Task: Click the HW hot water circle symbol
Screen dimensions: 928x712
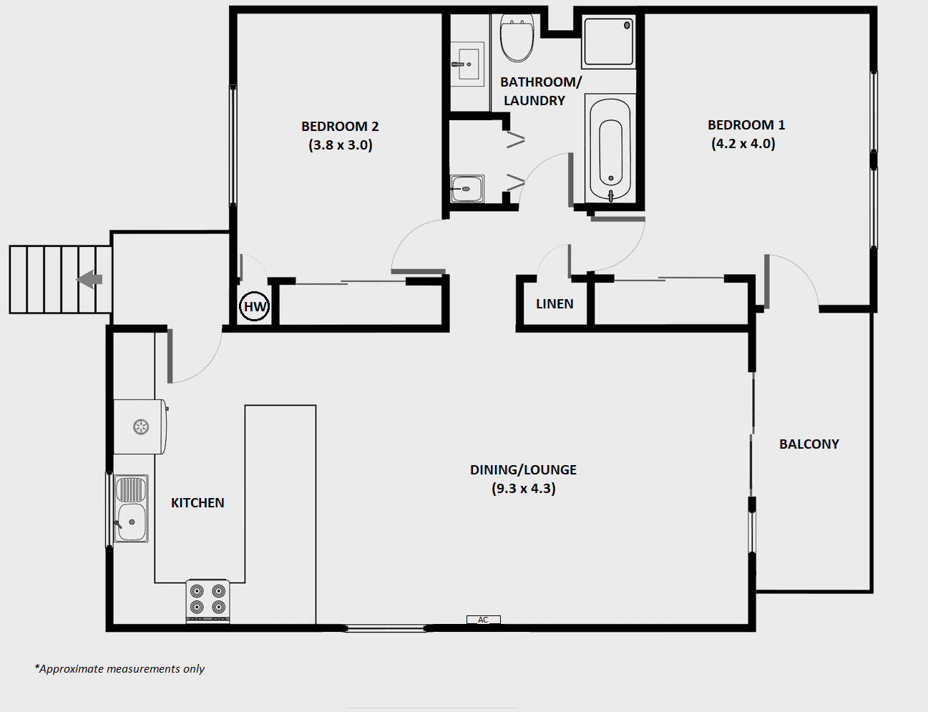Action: point(255,306)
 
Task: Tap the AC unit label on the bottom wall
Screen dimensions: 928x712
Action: point(484,620)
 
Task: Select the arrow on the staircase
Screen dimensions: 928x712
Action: point(89,279)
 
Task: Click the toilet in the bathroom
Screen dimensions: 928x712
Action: point(517,37)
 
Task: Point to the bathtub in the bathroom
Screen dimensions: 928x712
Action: point(610,150)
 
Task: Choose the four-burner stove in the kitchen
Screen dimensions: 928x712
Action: point(207,600)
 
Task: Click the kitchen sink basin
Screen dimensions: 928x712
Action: point(132,508)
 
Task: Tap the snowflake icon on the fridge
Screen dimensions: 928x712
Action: point(141,426)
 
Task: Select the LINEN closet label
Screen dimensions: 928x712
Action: point(555,303)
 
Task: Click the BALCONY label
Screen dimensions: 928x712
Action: point(809,444)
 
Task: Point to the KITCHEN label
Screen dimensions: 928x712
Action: point(197,503)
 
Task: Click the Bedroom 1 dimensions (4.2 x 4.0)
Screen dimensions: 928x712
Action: point(743,144)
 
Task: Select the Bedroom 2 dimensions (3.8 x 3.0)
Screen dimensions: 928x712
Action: point(341,145)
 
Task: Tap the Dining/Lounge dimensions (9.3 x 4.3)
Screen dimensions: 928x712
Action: point(524,488)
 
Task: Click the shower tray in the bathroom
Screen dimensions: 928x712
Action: point(608,42)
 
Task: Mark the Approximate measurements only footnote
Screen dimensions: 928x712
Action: point(119,668)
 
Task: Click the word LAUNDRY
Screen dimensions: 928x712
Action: point(534,101)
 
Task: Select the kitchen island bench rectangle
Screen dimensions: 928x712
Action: point(280,515)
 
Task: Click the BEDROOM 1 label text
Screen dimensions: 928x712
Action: point(746,125)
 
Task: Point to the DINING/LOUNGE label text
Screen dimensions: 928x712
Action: point(523,470)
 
